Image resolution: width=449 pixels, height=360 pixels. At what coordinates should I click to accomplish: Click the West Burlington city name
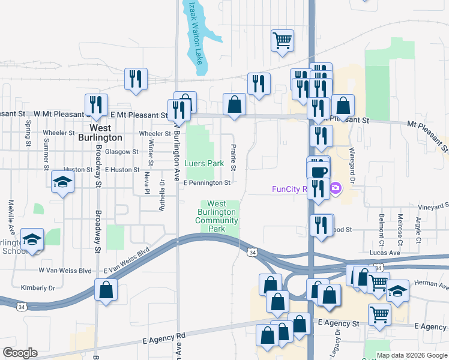pos(106,133)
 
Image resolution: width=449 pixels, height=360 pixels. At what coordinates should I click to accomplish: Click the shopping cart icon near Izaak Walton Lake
pos(282,41)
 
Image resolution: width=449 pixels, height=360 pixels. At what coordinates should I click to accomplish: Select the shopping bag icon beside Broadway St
pos(106,290)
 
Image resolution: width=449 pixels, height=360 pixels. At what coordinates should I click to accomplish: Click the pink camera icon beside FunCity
pos(335,189)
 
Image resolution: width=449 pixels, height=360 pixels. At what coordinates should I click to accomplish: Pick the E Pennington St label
pos(206,182)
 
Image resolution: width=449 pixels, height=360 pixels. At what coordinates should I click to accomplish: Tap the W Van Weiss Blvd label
pos(65,271)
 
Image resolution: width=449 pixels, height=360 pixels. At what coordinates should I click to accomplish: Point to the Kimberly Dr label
pos(38,288)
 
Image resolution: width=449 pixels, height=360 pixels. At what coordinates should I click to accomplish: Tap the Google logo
pos(20,353)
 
